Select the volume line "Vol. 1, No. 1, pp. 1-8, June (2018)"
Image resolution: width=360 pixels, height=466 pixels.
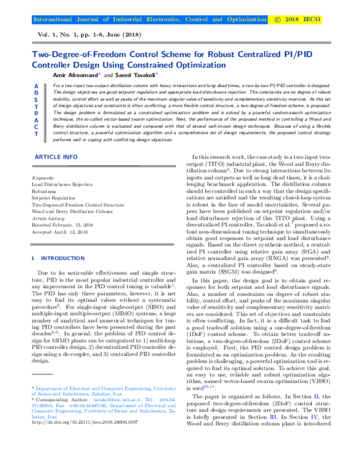tap(89, 35)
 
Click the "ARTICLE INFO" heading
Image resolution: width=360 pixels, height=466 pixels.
tap(55, 157)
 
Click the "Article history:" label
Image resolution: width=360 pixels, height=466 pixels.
tap(47, 218)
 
